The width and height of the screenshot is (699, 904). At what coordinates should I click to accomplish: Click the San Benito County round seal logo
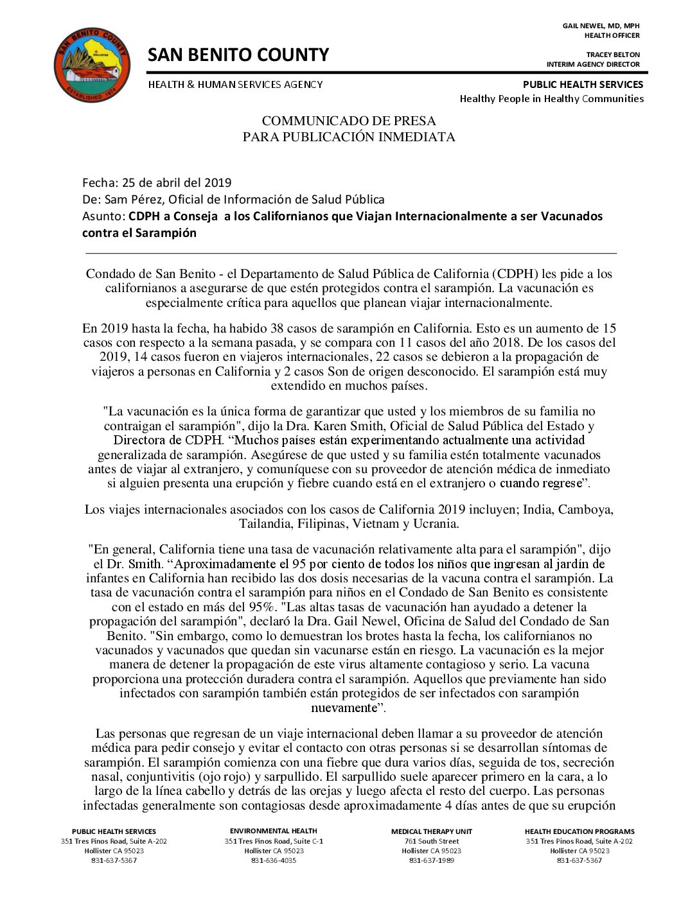(92, 65)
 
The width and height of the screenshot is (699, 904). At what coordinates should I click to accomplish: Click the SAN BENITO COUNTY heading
(238, 55)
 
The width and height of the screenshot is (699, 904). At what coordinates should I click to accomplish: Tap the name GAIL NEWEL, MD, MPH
(601, 26)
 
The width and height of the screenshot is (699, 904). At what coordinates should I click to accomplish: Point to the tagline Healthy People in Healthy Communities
(551, 98)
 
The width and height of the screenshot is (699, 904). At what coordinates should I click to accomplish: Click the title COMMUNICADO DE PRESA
(348, 121)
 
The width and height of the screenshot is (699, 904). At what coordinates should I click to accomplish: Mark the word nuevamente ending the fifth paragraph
(343, 708)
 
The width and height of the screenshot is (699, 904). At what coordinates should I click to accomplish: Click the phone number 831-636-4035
(274, 860)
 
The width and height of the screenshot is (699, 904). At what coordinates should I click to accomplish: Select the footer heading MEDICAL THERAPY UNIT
(431, 831)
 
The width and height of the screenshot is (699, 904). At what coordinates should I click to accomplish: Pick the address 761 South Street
(431, 841)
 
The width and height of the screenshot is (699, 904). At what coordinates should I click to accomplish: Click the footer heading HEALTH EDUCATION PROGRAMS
(579, 831)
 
